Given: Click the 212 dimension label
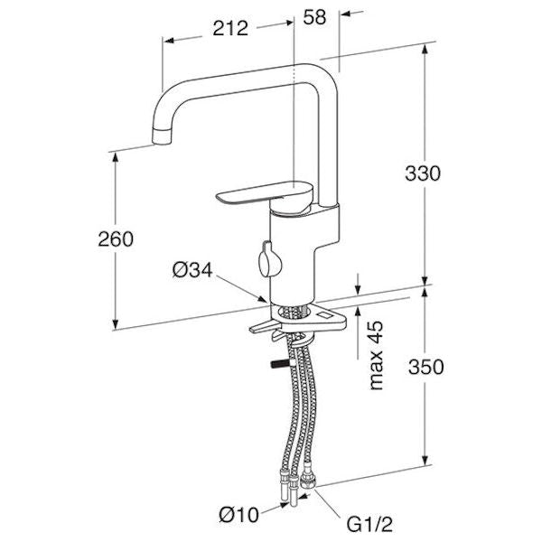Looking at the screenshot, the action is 230,28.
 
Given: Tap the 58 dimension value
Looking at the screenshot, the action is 314,17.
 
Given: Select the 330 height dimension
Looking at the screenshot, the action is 423,173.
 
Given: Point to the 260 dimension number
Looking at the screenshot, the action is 116,238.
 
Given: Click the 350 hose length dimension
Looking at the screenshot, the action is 425,367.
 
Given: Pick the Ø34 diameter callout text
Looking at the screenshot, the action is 192,270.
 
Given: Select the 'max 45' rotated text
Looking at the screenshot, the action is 377,355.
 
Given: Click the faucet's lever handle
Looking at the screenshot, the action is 265,194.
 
